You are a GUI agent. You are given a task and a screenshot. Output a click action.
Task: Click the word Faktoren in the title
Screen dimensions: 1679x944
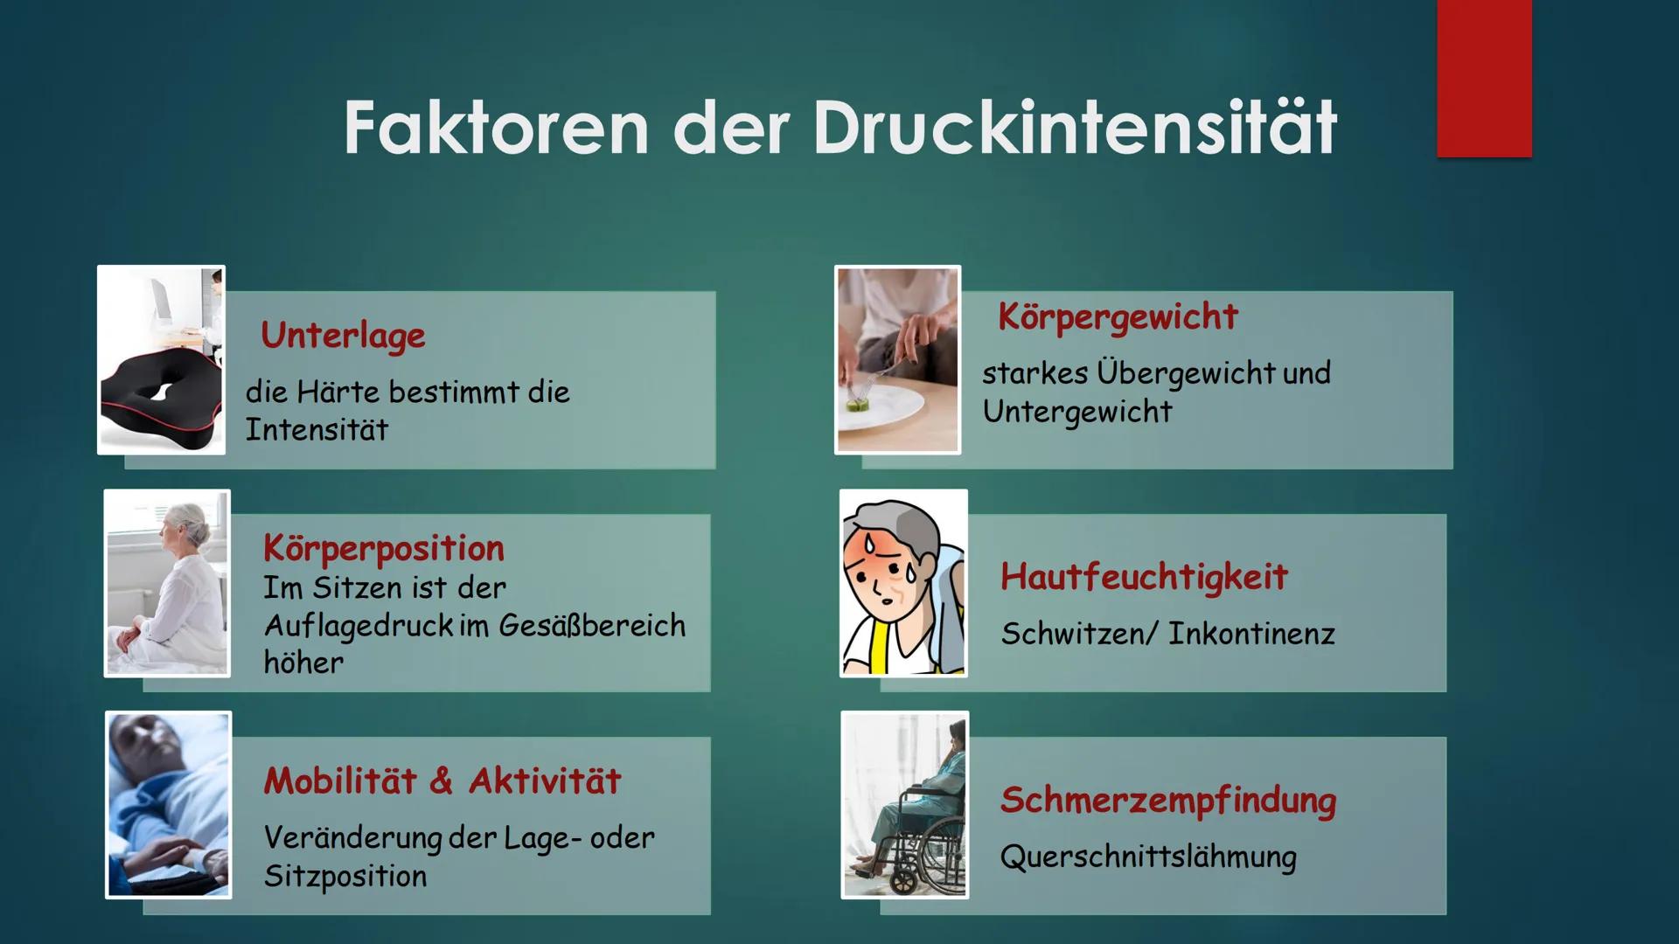pos(496,128)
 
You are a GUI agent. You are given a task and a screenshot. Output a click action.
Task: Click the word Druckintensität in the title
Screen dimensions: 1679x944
pos(1075,128)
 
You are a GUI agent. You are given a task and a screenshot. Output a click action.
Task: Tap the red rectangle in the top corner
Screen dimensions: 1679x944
pos(1484,79)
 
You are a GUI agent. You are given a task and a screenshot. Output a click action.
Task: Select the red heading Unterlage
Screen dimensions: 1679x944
pos(343,336)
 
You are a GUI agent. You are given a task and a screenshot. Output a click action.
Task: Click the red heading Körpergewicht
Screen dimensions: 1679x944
pos(1118,316)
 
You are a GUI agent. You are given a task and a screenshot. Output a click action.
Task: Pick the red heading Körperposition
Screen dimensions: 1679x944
pos(384,549)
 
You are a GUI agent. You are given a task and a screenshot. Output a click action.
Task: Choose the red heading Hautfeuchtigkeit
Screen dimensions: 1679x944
pos(1144,577)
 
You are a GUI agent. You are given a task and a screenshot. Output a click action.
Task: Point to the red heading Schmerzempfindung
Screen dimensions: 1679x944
pos(1168,801)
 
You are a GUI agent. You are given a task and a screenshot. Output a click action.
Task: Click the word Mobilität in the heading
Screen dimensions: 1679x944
pos(340,781)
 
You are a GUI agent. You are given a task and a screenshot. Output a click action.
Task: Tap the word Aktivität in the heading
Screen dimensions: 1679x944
pos(545,781)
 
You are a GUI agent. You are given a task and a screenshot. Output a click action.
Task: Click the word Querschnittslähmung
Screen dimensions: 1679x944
pos(1148,857)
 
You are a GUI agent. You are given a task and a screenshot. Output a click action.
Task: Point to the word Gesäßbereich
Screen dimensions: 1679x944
pos(592,626)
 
